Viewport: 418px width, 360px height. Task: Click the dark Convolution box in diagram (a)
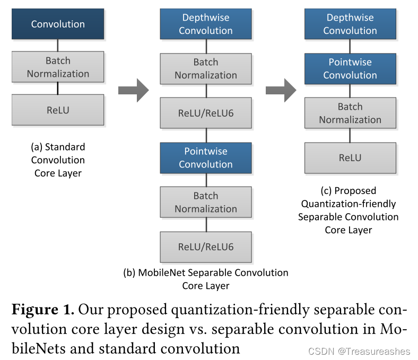58,24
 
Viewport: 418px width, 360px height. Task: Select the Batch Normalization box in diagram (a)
58,67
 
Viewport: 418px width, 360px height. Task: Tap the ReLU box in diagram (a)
58,110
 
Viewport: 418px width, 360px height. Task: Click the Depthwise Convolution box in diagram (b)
206,24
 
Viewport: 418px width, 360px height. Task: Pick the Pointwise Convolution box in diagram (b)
206,157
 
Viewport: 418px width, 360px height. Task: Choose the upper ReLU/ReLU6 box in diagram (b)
206,113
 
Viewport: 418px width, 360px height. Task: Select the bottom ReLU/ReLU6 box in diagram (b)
206,247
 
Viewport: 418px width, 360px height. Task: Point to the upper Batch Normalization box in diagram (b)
206,68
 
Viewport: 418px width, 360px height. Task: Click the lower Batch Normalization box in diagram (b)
206,202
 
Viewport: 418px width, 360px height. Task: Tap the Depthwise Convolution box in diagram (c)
350,24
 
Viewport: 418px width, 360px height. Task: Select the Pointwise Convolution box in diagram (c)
350,68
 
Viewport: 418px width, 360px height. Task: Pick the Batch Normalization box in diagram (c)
350,113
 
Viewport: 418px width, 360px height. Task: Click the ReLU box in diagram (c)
350,157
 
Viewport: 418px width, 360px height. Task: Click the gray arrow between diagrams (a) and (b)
133,90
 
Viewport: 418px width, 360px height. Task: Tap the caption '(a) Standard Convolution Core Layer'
58,160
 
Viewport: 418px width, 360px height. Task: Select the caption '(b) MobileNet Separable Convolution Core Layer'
205,279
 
